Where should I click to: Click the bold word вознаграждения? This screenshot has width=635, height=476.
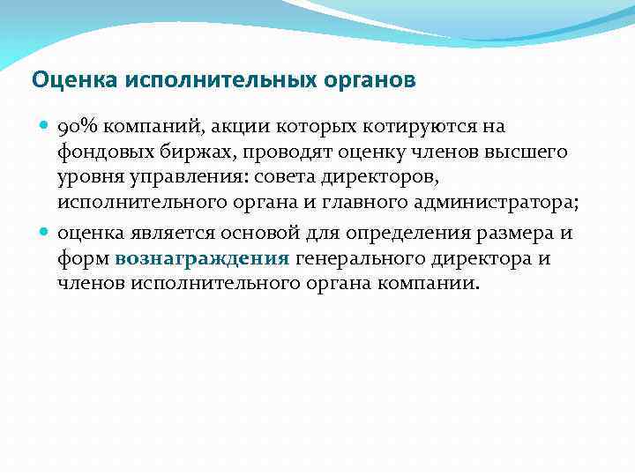point(202,258)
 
